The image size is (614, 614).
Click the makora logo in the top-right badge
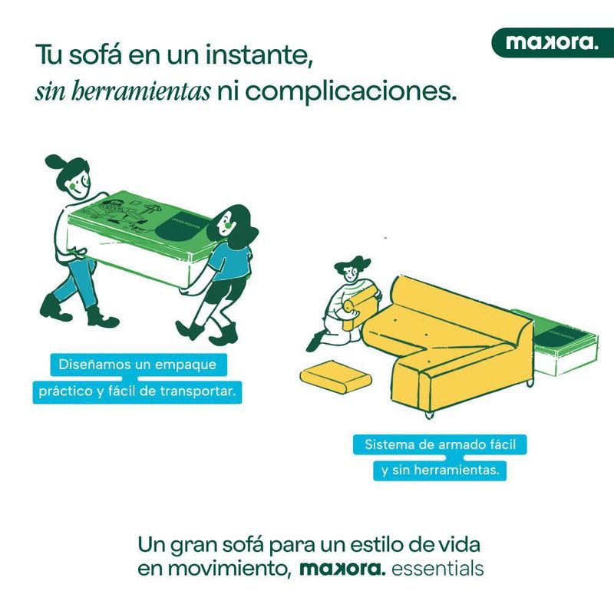coord(552,42)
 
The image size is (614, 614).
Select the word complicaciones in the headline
coord(351,92)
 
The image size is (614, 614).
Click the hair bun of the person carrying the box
coord(54,161)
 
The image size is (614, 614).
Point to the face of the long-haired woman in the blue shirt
coord(227,224)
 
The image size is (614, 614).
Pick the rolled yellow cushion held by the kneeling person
coord(358,305)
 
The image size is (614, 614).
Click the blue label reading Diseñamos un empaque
coord(139,364)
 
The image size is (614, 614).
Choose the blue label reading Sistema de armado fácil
coord(440,444)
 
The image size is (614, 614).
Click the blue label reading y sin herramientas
coord(440,470)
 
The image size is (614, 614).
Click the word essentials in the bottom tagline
coord(437,569)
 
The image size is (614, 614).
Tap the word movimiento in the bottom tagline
coord(215,569)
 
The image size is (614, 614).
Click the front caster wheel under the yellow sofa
coord(429,415)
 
